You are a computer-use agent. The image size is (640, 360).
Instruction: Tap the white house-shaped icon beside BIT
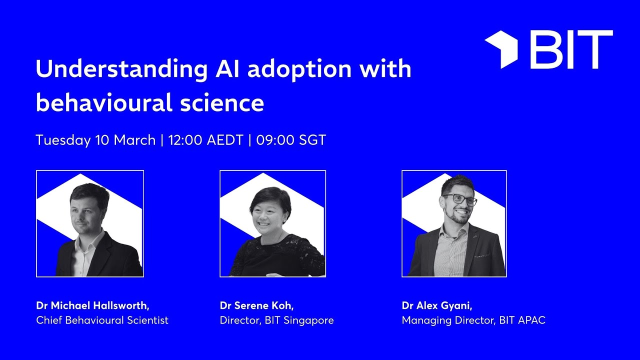pos(501,49)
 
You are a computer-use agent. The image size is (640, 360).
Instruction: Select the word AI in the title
pos(224,69)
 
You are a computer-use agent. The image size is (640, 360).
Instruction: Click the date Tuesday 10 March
pos(95,140)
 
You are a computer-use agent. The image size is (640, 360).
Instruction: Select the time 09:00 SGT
pos(291,140)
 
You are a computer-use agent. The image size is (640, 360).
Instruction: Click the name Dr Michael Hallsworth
pos(92,305)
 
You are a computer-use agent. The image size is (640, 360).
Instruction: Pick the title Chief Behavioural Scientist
pos(102,320)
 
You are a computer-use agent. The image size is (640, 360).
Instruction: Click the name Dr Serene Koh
pos(256,305)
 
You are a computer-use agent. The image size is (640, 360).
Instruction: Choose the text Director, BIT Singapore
pos(276,320)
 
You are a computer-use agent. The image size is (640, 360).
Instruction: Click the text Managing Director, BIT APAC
pos(473,320)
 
